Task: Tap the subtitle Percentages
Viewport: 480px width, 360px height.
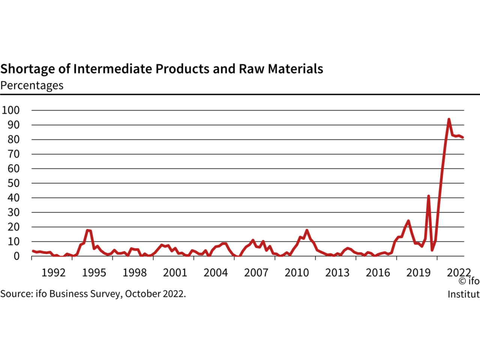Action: tap(32, 85)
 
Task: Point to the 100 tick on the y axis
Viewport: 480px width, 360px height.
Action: tap(10, 110)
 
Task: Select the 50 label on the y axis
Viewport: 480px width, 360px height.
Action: tap(13, 183)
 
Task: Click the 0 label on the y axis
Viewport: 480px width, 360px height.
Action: tap(16, 256)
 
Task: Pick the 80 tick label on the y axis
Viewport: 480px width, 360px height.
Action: tap(13, 139)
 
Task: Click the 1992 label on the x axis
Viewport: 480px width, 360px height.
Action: tap(53, 273)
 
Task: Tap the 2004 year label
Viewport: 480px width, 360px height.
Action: tap(216, 273)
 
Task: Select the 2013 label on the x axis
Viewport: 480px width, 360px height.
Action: tap(337, 273)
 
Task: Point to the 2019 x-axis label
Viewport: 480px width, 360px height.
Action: tap(418, 273)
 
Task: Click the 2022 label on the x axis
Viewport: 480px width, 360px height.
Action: tap(459, 273)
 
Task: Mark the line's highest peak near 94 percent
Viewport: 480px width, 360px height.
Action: tap(448, 119)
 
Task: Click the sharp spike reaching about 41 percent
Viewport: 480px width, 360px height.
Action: tap(428, 196)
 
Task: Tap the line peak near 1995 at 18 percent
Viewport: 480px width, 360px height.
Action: tap(88, 230)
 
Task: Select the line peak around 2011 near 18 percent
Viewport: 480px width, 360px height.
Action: tap(307, 230)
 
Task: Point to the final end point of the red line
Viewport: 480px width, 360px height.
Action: tap(463, 137)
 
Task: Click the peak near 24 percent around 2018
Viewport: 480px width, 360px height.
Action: tap(408, 221)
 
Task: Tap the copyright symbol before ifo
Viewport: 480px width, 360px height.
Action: tap(462, 281)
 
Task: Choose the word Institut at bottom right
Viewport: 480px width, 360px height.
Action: tap(463, 294)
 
